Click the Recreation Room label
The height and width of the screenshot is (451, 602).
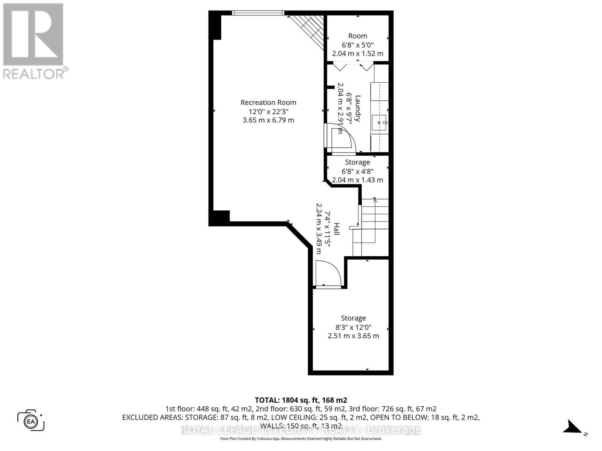pyautogui.click(x=268, y=102)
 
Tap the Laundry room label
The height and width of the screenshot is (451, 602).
pyautogui.click(x=358, y=109)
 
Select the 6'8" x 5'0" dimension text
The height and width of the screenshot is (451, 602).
pyautogui.click(x=357, y=45)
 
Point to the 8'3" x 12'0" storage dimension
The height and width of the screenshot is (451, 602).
pyautogui.click(x=353, y=327)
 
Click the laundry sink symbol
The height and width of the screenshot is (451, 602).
pyautogui.click(x=379, y=123)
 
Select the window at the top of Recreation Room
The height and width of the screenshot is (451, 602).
pyautogui.click(x=258, y=13)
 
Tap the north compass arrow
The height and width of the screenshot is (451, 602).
pyautogui.click(x=572, y=427)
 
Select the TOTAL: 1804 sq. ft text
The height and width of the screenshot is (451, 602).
pyautogui.click(x=301, y=400)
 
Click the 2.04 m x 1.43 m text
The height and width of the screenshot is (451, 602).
pyautogui.click(x=357, y=180)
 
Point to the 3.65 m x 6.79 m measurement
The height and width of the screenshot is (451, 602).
pyautogui.click(x=268, y=120)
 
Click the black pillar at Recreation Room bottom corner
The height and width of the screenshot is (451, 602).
pyautogui.click(x=219, y=218)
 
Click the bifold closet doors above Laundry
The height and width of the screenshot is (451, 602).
pyautogui.click(x=354, y=68)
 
